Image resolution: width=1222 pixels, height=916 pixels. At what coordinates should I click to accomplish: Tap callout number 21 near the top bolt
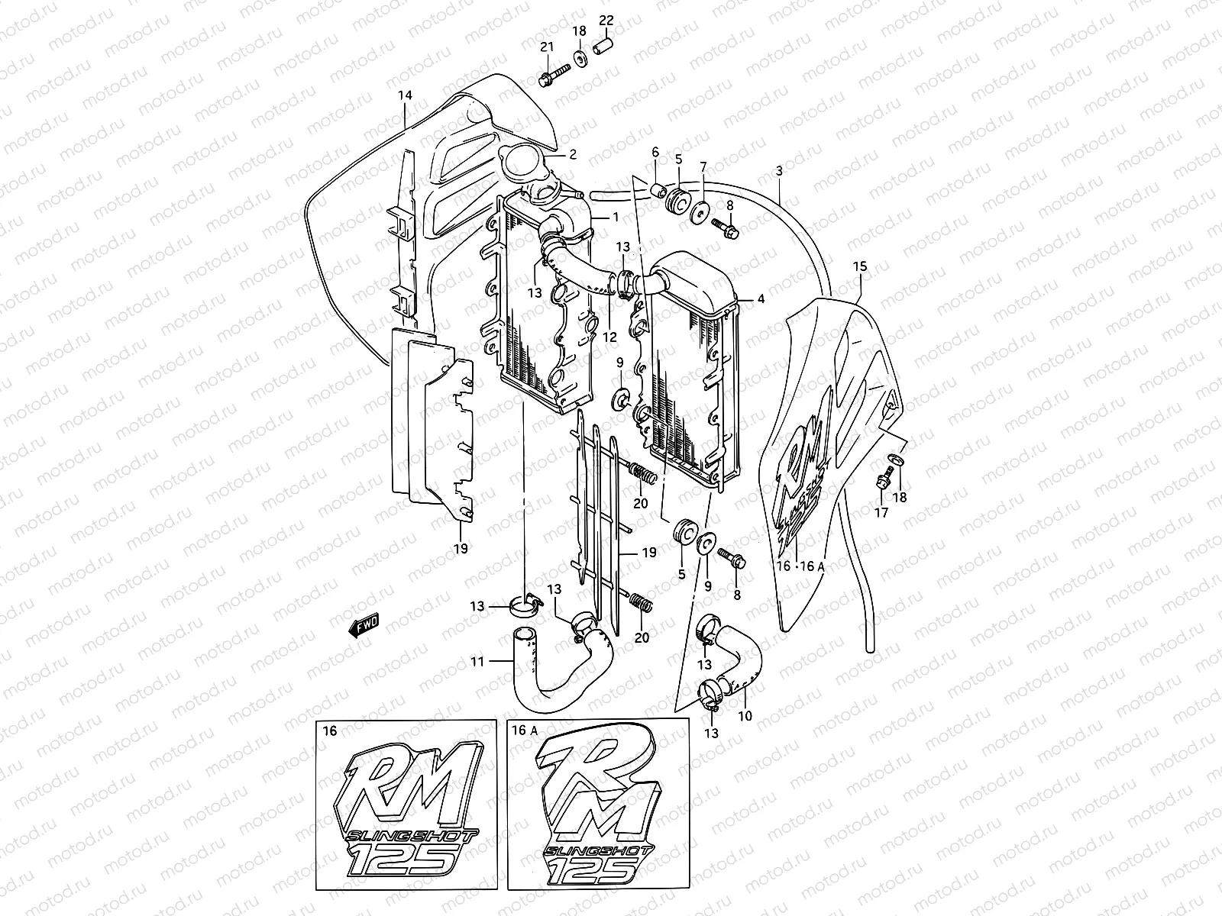coord(547,47)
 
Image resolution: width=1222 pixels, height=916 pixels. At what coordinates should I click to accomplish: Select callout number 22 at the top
coord(606,20)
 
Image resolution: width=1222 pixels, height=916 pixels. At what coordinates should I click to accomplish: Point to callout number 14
coord(405,95)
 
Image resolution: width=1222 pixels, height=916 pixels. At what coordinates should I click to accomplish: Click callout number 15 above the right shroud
coord(860,266)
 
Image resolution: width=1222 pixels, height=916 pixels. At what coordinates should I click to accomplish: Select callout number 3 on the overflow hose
coord(778,172)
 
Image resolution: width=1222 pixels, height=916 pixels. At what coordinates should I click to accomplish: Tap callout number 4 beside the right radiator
coord(761,299)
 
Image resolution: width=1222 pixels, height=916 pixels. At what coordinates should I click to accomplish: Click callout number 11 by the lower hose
coord(477,662)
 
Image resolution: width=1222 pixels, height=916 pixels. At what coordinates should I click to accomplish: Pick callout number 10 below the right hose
coord(746,718)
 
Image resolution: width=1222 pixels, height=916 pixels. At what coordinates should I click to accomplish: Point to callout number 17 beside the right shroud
coord(881,513)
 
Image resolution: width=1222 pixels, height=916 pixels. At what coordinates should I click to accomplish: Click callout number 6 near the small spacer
coord(655,153)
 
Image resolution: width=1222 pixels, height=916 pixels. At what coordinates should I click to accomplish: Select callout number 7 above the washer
coord(703,166)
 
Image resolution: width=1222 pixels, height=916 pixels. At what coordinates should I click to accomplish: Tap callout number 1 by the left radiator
coord(615,218)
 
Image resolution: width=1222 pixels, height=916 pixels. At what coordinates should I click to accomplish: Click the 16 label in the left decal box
coord(329,731)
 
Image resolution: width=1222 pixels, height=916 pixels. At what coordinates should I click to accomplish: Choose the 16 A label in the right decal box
coord(525,731)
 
